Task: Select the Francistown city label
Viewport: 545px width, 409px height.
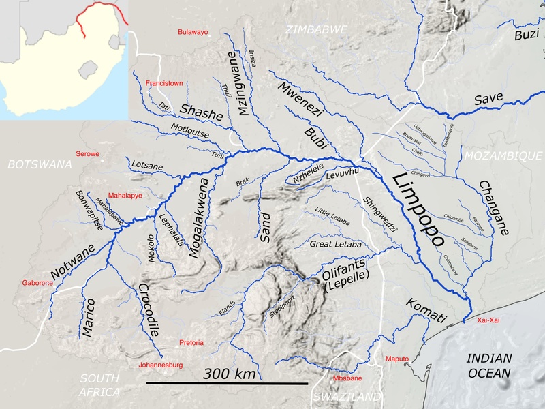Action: [164, 83]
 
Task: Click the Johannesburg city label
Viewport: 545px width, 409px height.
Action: [161, 365]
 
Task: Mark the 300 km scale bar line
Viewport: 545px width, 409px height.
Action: [227, 383]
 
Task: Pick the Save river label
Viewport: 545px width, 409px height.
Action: [488, 100]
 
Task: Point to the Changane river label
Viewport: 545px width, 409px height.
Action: [494, 208]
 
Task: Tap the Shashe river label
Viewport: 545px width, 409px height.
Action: [201, 112]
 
